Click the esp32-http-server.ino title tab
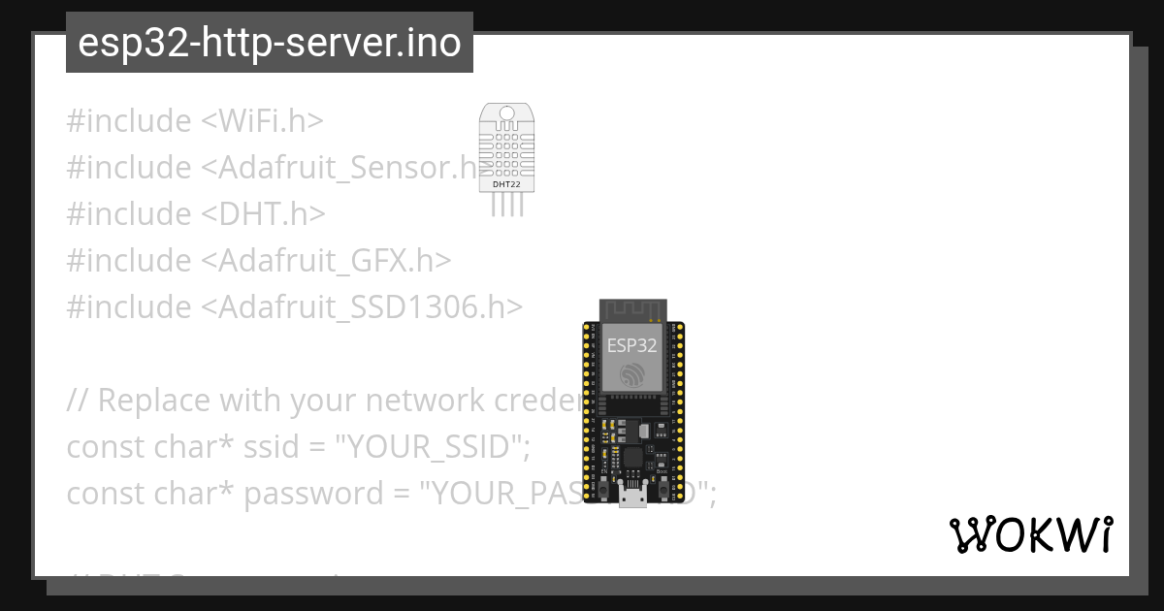click(x=269, y=44)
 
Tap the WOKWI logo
click(x=1030, y=535)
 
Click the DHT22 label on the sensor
click(x=504, y=182)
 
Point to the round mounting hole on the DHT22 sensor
click(x=505, y=114)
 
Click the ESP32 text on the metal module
click(x=630, y=345)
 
